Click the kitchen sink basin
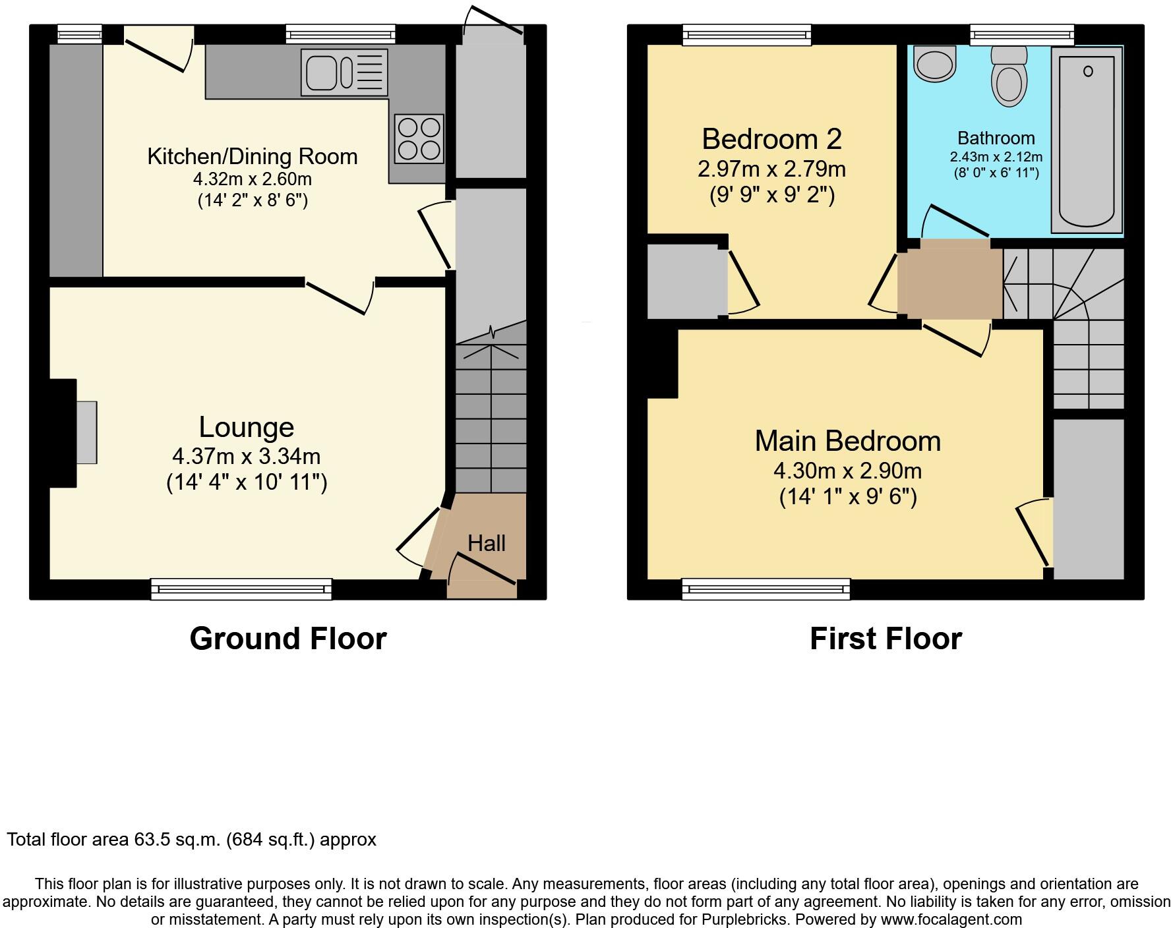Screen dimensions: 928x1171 [320, 72]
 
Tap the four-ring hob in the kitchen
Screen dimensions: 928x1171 [419, 138]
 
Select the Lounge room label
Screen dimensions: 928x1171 [247, 427]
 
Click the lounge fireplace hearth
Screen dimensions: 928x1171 [86, 432]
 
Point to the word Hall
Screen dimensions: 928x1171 [487, 544]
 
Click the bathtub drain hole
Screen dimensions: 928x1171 [1088, 71]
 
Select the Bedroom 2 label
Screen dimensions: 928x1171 [771, 139]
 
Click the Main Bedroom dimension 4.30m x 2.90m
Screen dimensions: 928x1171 [847, 471]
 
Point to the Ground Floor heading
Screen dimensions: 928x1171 [288, 639]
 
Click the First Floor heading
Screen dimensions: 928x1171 [886, 639]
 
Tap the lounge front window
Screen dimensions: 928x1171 [241, 589]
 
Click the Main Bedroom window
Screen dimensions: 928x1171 [766, 589]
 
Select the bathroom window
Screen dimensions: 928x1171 [1022, 34]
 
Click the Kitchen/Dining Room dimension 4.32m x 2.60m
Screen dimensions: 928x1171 [253, 179]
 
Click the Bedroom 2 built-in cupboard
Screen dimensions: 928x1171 [686, 281]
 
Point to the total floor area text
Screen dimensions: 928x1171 [191, 840]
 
